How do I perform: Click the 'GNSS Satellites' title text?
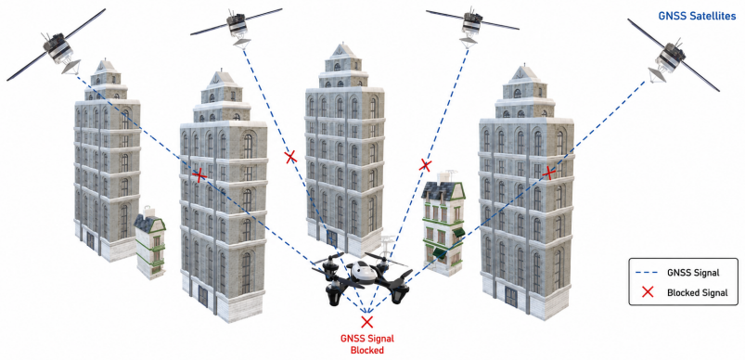click(697, 16)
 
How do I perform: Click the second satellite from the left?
click(237, 26)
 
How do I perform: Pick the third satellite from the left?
click(472, 25)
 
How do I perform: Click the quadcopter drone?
click(362, 276)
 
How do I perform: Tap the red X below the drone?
click(366, 322)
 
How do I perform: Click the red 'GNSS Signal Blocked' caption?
click(366, 345)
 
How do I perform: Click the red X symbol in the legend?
click(648, 292)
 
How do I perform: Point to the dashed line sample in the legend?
click(649, 273)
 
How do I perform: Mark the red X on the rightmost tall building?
click(548, 173)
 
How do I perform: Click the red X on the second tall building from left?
click(199, 175)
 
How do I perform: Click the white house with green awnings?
click(443, 223)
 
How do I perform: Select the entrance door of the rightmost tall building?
click(513, 299)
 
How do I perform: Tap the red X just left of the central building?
click(290, 157)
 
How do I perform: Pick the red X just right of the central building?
click(425, 165)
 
